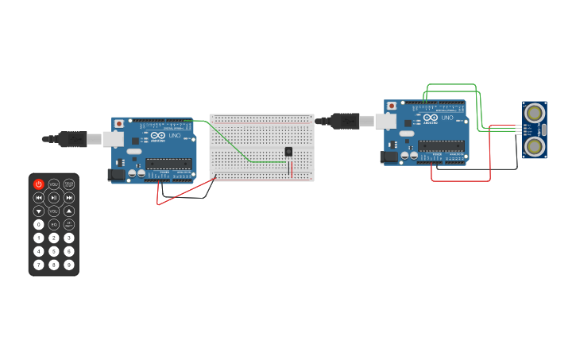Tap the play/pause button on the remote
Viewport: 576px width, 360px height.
pyautogui.click(x=54, y=197)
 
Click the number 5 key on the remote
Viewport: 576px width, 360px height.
pyautogui.click(x=54, y=251)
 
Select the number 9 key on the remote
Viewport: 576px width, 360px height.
pyautogui.click(x=69, y=265)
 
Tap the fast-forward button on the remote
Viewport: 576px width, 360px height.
pyautogui.click(x=69, y=197)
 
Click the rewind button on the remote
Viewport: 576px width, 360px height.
pyautogui.click(x=38, y=197)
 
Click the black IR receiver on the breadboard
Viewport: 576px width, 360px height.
pyautogui.click(x=288, y=152)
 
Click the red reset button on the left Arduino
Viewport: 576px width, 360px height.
pyautogui.click(x=119, y=124)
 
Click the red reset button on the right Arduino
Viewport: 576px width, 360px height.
pyautogui.click(x=391, y=106)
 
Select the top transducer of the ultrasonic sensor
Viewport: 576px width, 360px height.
pyautogui.click(x=535, y=112)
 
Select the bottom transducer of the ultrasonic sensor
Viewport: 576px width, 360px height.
pyautogui.click(x=535, y=146)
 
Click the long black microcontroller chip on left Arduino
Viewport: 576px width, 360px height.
pyautogui.click(x=168, y=164)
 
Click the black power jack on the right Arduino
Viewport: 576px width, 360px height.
pyautogui.click(x=389, y=157)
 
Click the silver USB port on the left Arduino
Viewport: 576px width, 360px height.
pyautogui.click(x=114, y=139)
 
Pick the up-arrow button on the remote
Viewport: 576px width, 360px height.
pyautogui.click(x=69, y=211)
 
